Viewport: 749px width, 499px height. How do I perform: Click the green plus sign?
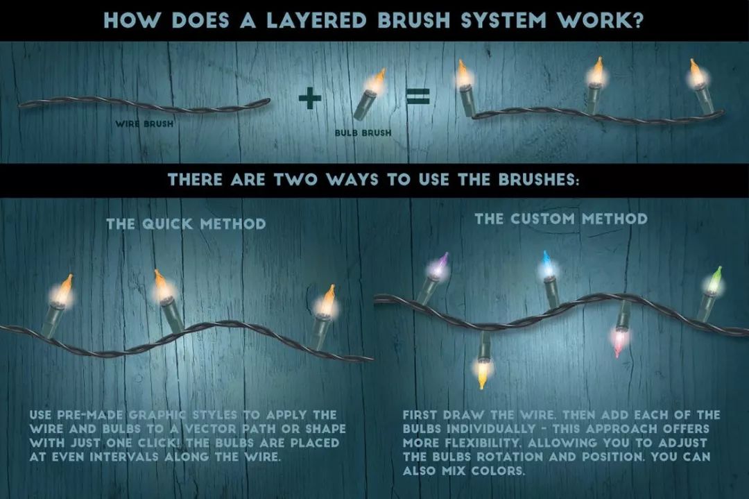coord(310,97)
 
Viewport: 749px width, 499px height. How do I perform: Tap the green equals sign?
coord(418,97)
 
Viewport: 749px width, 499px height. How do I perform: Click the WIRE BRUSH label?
coord(144,124)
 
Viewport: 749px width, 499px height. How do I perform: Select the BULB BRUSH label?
coord(363,133)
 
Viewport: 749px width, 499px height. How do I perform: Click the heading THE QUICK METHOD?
coord(186,223)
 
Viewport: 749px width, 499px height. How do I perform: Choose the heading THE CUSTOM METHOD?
coord(561,219)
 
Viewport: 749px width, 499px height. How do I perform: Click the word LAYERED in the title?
coord(316,21)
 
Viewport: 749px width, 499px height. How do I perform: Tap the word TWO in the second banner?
coord(295,180)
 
